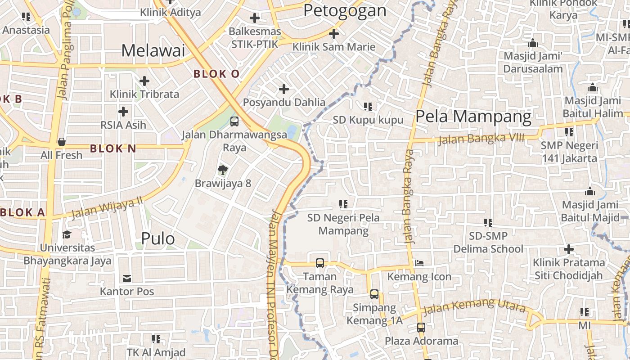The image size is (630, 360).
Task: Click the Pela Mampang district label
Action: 473,117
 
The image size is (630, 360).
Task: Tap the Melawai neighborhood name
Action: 153,50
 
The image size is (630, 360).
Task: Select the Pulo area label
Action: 158,238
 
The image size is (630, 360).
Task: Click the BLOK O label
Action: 216,74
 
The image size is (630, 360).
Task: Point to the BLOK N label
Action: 113,148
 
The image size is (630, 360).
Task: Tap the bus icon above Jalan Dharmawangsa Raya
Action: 234,121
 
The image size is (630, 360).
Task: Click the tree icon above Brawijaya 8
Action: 222,170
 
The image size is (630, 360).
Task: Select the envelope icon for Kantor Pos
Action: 127,279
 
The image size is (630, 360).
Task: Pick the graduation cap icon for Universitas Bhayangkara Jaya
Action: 67,234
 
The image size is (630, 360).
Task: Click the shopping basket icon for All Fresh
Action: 62,142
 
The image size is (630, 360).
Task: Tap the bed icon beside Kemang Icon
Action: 419,263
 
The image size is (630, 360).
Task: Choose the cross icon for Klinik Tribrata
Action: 144,81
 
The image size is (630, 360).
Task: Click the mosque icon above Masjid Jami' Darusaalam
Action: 533,43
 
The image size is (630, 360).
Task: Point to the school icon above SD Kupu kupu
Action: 368,107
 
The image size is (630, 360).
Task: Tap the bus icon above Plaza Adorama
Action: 421,328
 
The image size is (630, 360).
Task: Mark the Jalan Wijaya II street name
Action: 107,209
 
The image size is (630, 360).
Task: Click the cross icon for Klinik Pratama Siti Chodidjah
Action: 569,249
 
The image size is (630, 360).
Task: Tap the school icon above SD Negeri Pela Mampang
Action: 343,204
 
